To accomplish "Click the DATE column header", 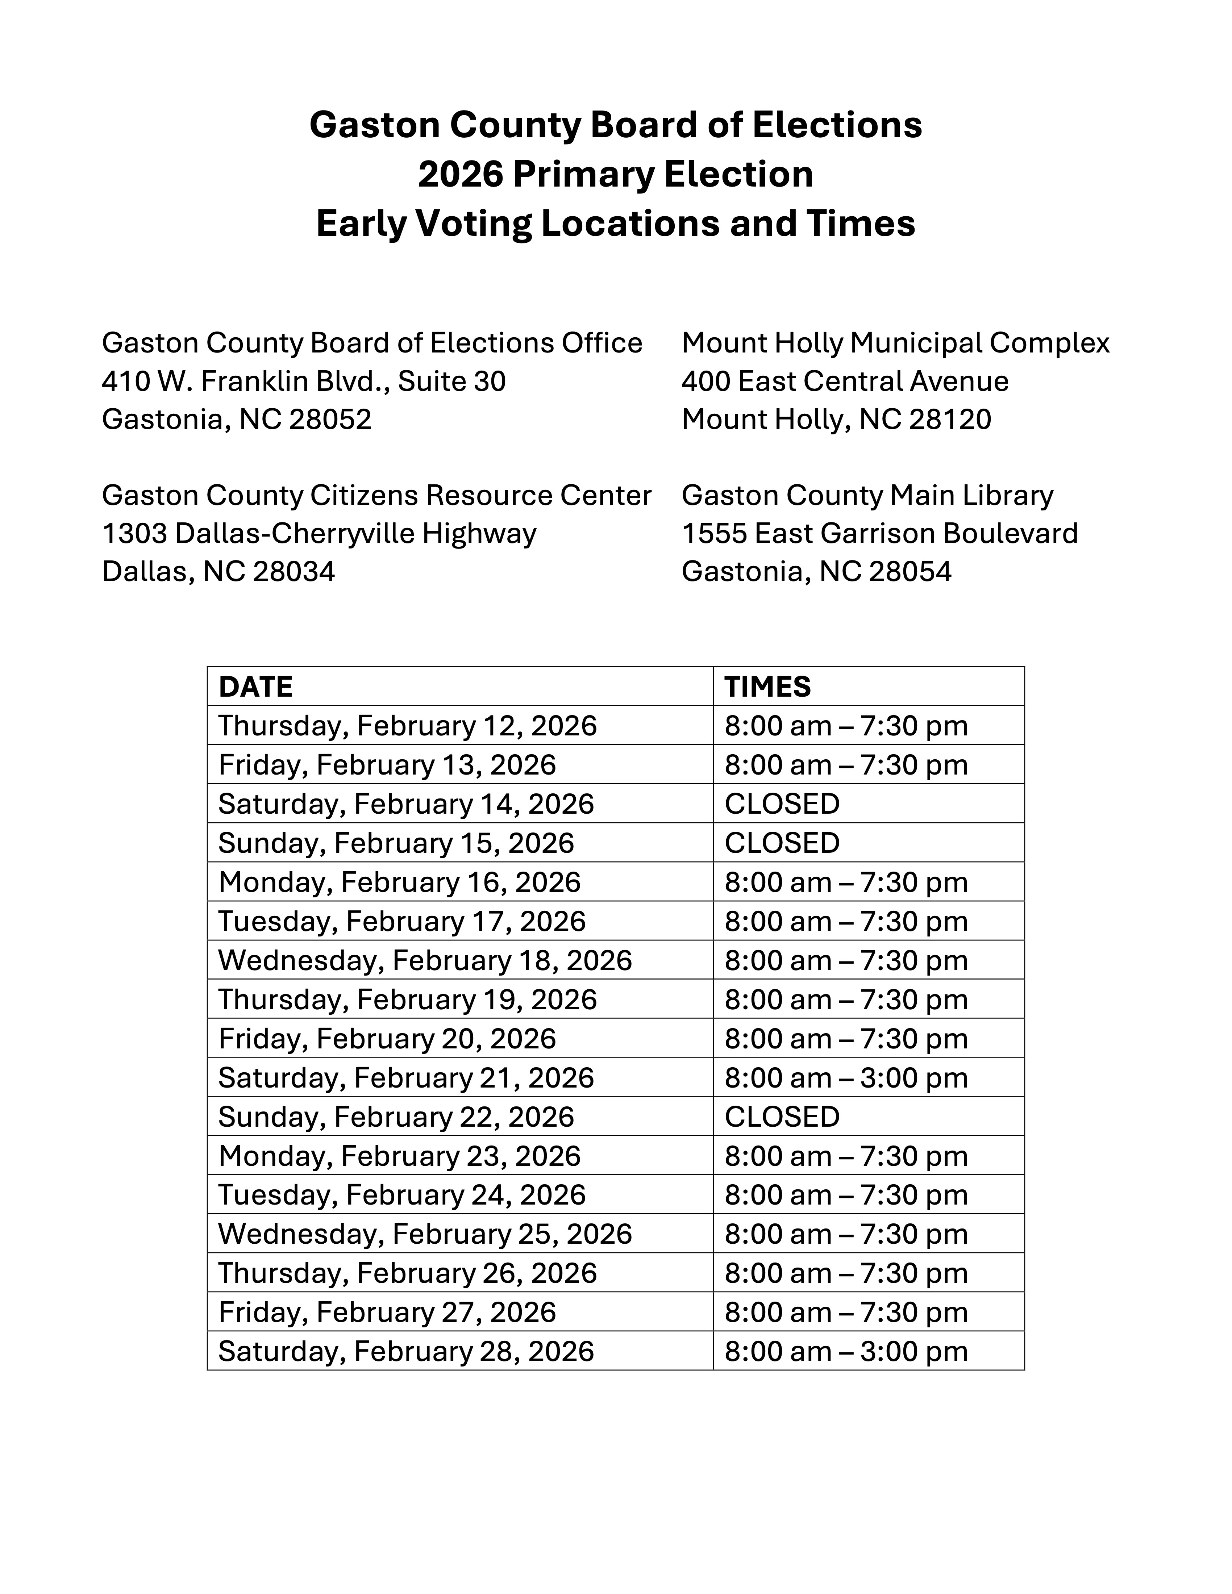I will pyautogui.click(x=255, y=687).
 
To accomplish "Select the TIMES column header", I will pyautogui.click(x=767, y=687).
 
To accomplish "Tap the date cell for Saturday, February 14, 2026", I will pyautogui.click(x=406, y=804).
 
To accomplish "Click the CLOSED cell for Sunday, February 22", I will pyautogui.click(x=782, y=1117).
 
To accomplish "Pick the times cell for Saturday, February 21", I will pyautogui.click(x=846, y=1078).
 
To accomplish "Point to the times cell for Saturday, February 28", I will pyautogui.click(x=846, y=1352).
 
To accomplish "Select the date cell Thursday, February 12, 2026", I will pyautogui.click(x=407, y=726).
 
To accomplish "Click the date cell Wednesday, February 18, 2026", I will pyautogui.click(x=425, y=960).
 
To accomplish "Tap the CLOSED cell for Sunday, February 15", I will pyautogui.click(x=782, y=843).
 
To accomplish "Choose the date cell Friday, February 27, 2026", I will pyautogui.click(x=387, y=1312).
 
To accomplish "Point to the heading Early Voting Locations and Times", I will pyautogui.click(x=615, y=223).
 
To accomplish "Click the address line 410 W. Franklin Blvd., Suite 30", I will pyautogui.click(x=304, y=381).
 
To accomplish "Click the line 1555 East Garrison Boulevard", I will pyautogui.click(x=879, y=534).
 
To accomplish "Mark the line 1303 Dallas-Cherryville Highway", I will pyautogui.click(x=319, y=534).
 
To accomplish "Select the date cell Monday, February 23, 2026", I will pyautogui.click(x=399, y=1156).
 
